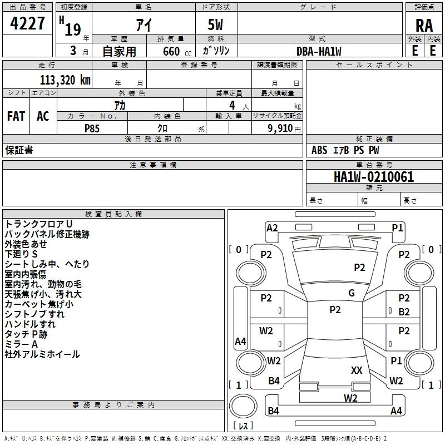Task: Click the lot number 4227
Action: [27, 23]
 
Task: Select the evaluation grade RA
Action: [424, 26]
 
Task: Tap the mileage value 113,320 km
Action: [65, 80]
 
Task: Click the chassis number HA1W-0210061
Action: [374, 176]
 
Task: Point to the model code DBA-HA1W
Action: [319, 51]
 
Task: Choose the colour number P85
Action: [92, 128]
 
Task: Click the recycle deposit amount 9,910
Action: [280, 128]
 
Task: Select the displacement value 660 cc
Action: [177, 51]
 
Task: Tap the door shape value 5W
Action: [215, 24]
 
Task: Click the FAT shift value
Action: [16, 116]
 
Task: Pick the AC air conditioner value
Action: [43, 116]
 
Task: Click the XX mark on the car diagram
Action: [357, 370]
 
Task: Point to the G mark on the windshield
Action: [352, 293]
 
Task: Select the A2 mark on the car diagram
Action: [272, 228]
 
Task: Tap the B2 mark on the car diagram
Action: [404, 312]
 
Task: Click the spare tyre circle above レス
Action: [243, 406]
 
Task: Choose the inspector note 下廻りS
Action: [21, 254]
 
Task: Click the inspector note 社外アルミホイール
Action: [42, 354]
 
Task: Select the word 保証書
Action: [19, 150]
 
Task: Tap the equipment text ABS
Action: [319, 150]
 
